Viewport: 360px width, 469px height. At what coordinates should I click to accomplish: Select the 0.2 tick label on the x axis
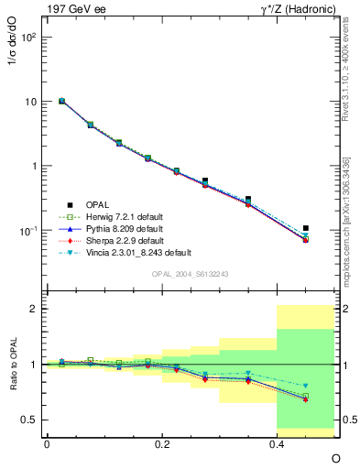(x=162, y=443)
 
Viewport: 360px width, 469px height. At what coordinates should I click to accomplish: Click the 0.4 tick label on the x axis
(x=278, y=443)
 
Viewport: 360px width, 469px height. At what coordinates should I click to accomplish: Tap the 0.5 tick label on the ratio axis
(x=30, y=420)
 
